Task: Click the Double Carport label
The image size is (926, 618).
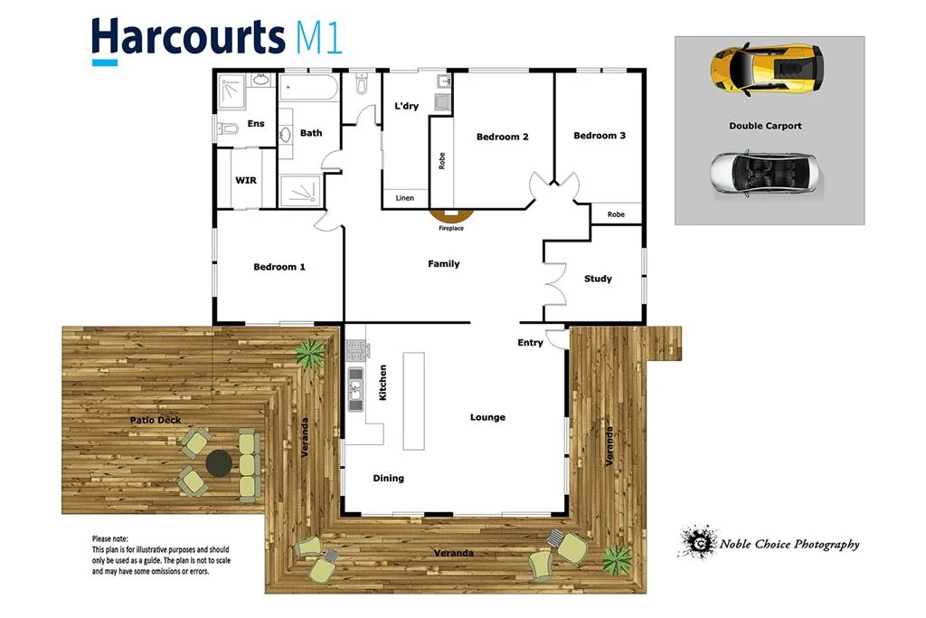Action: (x=765, y=126)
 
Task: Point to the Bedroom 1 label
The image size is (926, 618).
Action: (x=279, y=267)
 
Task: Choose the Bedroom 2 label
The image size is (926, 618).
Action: (x=503, y=138)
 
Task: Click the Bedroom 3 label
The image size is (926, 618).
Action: (x=600, y=136)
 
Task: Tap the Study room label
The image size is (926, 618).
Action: (x=598, y=279)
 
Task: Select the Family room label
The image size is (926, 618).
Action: (x=444, y=264)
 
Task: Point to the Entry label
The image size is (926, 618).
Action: (x=530, y=343)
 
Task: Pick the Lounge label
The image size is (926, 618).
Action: (x=487, y=417)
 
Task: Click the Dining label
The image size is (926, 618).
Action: (x=389, y=478)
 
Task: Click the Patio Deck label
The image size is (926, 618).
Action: (x=156, y=421)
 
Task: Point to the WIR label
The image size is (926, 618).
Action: (x=246, y=180)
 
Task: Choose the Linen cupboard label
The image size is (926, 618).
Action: (x=405, y=198)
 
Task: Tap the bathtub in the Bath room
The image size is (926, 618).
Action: (x=307, y=89)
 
